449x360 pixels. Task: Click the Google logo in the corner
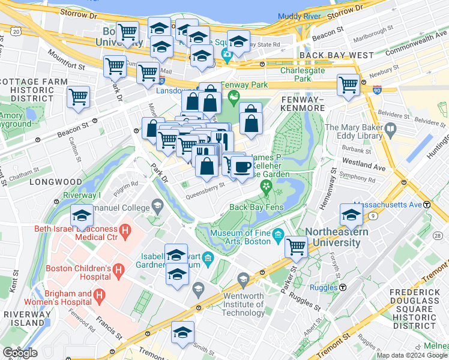coord(20,353)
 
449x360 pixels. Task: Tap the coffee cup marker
coord(243,167)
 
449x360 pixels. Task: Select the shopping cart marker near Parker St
coord(297,247)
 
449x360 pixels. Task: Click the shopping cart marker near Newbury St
coord(348,85)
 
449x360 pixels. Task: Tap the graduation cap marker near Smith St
coord(182,332)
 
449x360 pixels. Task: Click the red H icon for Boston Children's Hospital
coord(119,268)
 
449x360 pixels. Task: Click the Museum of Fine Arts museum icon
coord(278,234)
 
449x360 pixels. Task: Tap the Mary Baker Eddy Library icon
coord(390,128)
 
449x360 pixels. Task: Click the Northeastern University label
coord(333,238)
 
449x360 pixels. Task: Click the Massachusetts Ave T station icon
coord(426,205)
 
